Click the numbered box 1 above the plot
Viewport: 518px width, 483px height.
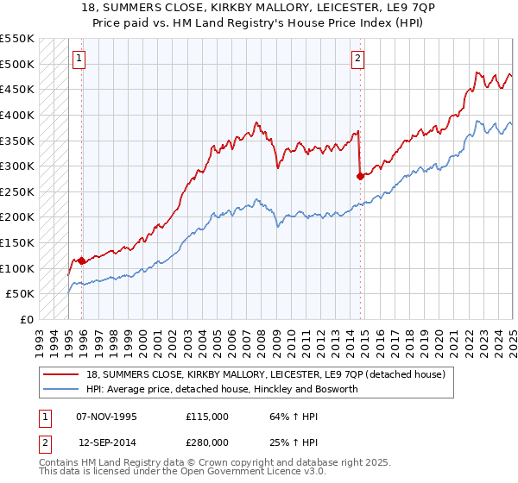click(79, 59)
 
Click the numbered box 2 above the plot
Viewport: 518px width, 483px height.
click(357, 59)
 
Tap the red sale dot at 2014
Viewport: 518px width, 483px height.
click(359, 176)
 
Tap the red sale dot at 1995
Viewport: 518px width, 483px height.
click(82, 260)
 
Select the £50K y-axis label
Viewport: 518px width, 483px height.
click(21, 293)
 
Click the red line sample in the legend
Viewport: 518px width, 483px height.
click(62, 374)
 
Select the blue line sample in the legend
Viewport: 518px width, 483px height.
click(62, 390)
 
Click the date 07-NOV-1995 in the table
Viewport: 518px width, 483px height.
click(106, 417)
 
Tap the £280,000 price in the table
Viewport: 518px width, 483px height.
click(207, 442)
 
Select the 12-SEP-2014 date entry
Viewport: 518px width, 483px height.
click(106, 442)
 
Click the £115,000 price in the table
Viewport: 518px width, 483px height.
click(207, 417)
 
